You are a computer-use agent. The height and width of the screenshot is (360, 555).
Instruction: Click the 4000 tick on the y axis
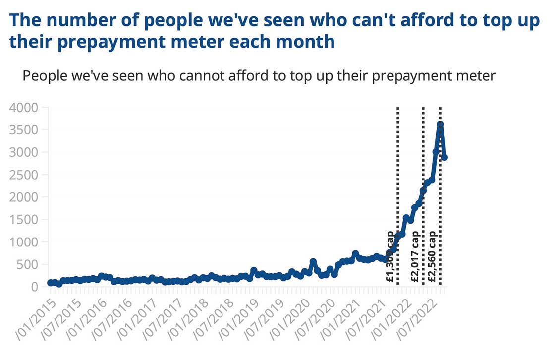(24, 108)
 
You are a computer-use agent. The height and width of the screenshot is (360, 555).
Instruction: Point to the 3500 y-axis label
(24, 130)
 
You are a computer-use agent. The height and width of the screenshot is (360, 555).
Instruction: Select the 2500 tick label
(24, 175)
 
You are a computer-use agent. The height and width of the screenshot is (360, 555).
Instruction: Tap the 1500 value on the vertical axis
(24, 220)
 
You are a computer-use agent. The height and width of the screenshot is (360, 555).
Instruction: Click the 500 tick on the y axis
(27, 264)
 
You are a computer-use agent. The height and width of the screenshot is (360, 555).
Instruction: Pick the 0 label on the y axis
(34, 287)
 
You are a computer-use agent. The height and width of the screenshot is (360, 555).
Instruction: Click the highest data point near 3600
(440, 124)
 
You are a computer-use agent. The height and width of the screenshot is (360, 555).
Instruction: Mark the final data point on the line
(444, 157)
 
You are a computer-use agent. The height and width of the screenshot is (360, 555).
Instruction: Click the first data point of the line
(51, 283)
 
